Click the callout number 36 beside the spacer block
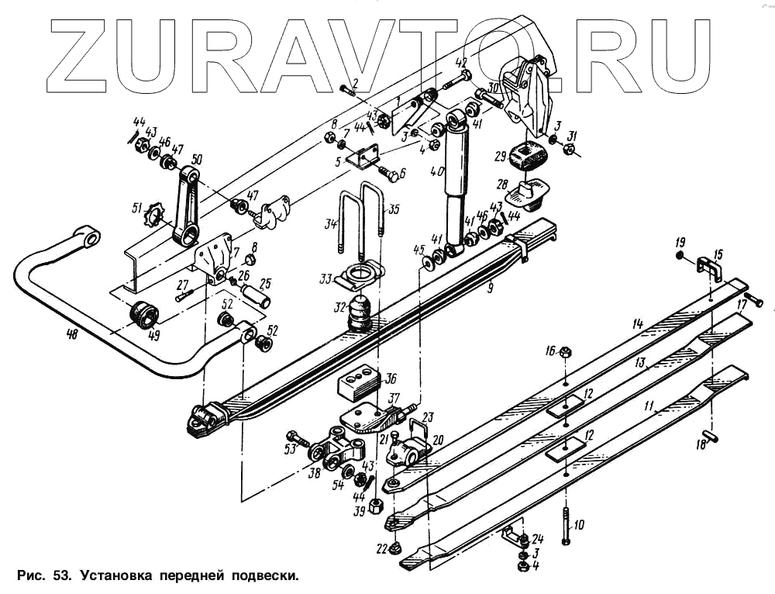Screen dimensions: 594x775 tap(390, 378)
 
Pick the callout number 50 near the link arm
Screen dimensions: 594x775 tap(196, 159)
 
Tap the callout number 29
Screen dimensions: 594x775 tap(501, 155)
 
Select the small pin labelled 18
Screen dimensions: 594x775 tap(708, 440)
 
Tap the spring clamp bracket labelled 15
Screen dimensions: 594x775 tap(706, 268)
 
